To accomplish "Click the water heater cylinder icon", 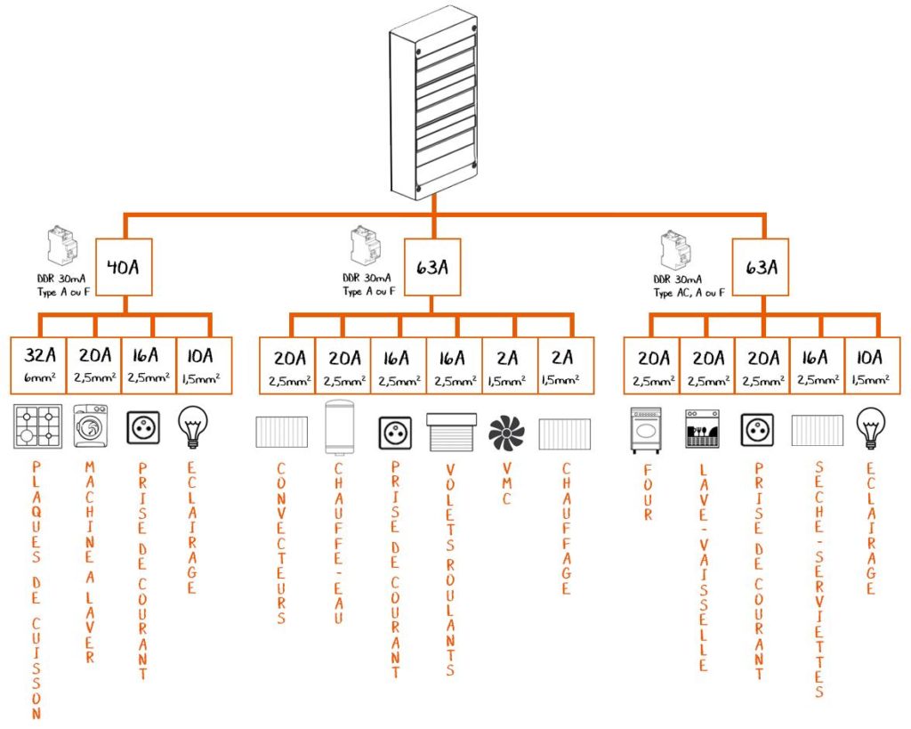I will tap(339, 433).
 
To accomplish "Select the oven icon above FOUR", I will tap(647, 431).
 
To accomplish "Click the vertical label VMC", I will tap(507, 483).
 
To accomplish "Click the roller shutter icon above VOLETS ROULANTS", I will tap(451, 433).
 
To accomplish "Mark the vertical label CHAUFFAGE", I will tap(565, 529).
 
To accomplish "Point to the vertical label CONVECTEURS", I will tap(282, 543).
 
